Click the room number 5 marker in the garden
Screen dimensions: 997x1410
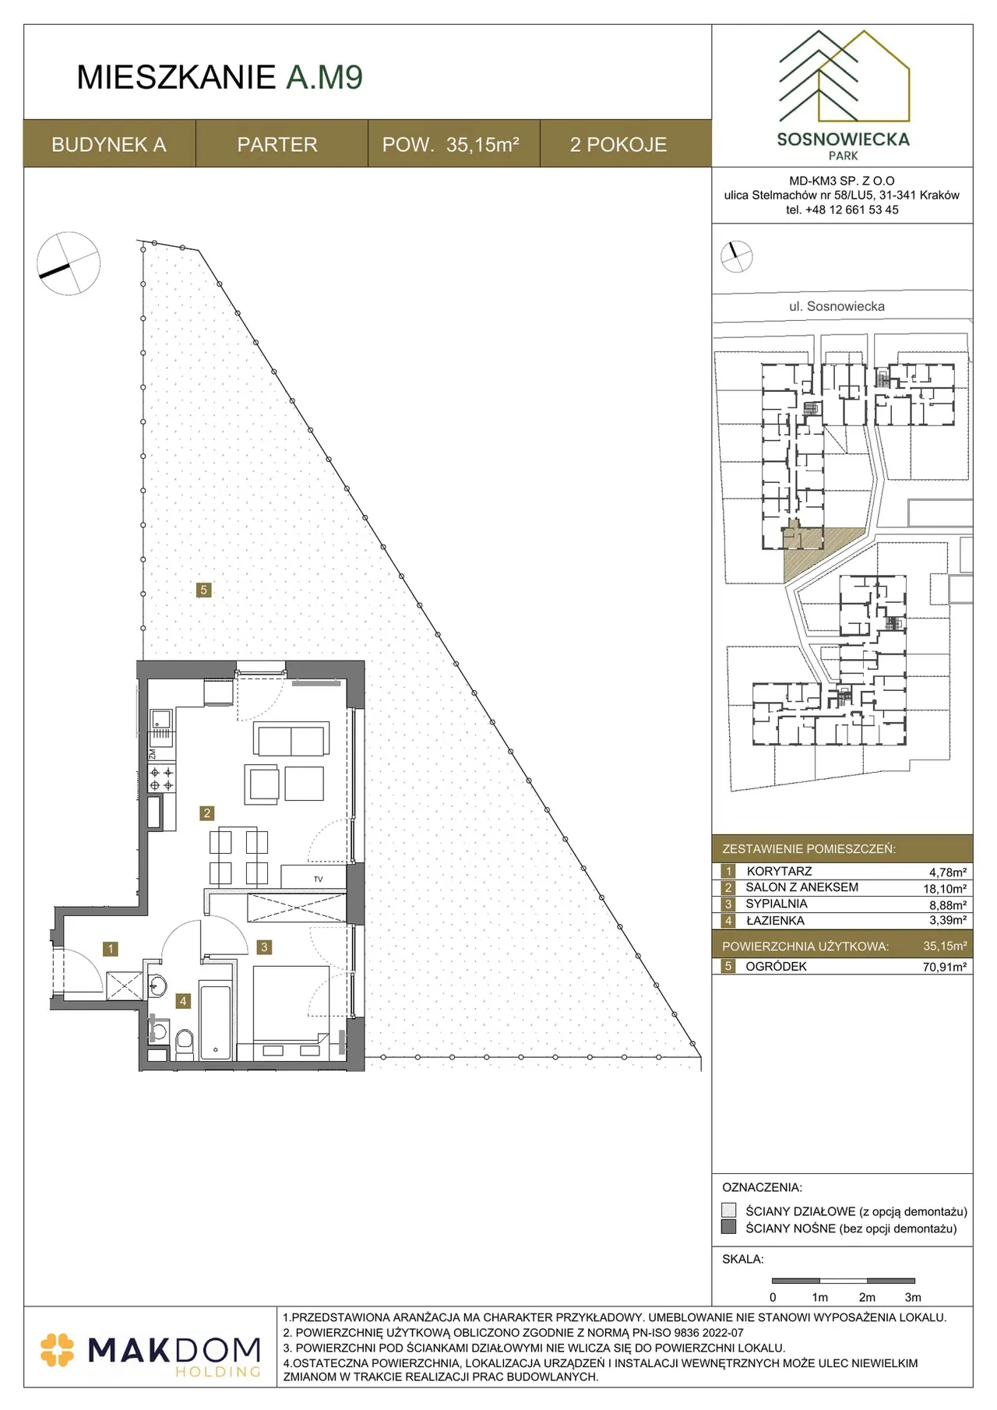pyautogui.click(x=204, y=590)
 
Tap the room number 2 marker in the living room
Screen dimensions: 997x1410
pyautogui.click(x=206, y=813)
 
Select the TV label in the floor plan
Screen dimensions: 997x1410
pyautogui.click(x=318, y=879)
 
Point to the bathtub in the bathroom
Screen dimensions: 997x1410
pyautogui.click(x=216, y=1023)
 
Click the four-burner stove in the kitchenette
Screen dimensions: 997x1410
pyautogui.click(x=162, y=779)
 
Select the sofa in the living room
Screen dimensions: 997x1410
pyautogui.click(x=290, y=740)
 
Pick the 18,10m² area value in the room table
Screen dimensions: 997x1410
pyautogui.click(x=945, y=889)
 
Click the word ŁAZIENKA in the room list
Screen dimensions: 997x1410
pyautogui.click(x=775, y=921)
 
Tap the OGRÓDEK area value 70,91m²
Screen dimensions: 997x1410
pyautogui.click(x=945, y=967)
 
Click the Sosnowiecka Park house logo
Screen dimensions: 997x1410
pyautogui.click(x=844, y=76)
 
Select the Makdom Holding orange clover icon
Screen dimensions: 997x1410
pyautogui.click(x=57, y=1350)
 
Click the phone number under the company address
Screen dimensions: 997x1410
pyautogui.click(x=842, y=210)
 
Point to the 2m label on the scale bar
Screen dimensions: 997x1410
pyautogui.click(x=867, y=1297)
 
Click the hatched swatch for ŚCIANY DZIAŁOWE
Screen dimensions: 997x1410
pyautogui.click(x=729, y=1211)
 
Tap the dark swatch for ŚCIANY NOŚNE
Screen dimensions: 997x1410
pyautogui.click(x=729, y=1227)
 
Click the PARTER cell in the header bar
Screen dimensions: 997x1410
pyautogui.click(x=277, y=144)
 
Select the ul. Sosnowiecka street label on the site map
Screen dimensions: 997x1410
pyautogui.click(x=837, y=306)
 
